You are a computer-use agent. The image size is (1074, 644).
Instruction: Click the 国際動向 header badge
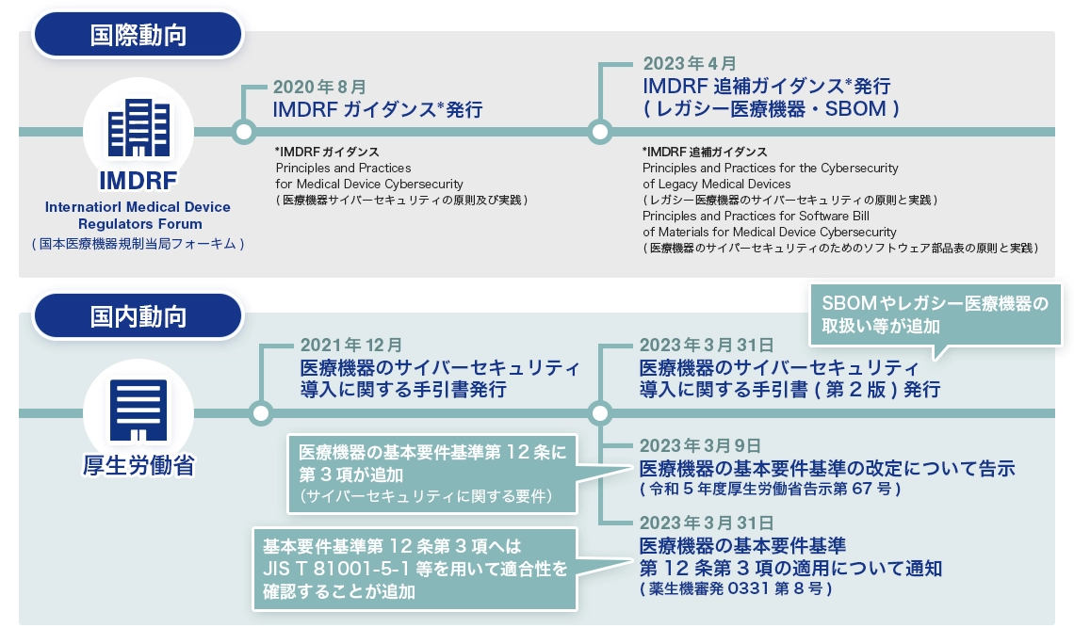pyautogui.click(x=138, y=36)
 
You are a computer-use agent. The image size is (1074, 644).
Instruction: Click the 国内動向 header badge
pyautogui.click(x=138, y=316)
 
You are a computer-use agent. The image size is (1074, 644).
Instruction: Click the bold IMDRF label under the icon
pyautogui.click(x=138, y=180)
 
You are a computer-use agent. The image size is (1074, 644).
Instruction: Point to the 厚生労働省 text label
pyautogui.click(x=138, y=464)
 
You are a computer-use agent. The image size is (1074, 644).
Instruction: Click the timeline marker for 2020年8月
pyautogui.click(x=244, y=131)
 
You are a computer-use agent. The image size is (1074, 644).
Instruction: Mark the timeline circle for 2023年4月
pyautogui.click(x=599, y=131)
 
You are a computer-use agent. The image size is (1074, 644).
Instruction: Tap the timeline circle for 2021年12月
pyautogui.click(x=260, y=412)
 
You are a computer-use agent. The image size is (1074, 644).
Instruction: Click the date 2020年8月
pyautogui.click(x=319, y=86)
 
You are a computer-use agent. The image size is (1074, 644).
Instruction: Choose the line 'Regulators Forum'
pyautogui.click(x=138, y=224)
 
